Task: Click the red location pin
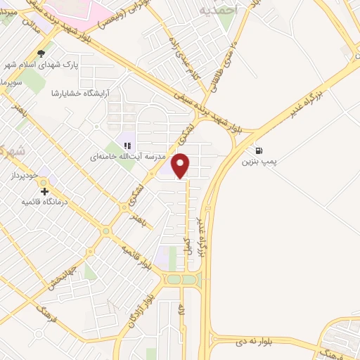pos(181,166)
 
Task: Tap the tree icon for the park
pos(43,53)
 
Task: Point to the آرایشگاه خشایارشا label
pos(84,93)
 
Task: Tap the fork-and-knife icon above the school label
pos(127,146)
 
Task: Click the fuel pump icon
pos(260,150)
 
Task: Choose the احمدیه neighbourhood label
pos(219,11)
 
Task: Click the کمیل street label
pos(188,247)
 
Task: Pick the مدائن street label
pos(28,21)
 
